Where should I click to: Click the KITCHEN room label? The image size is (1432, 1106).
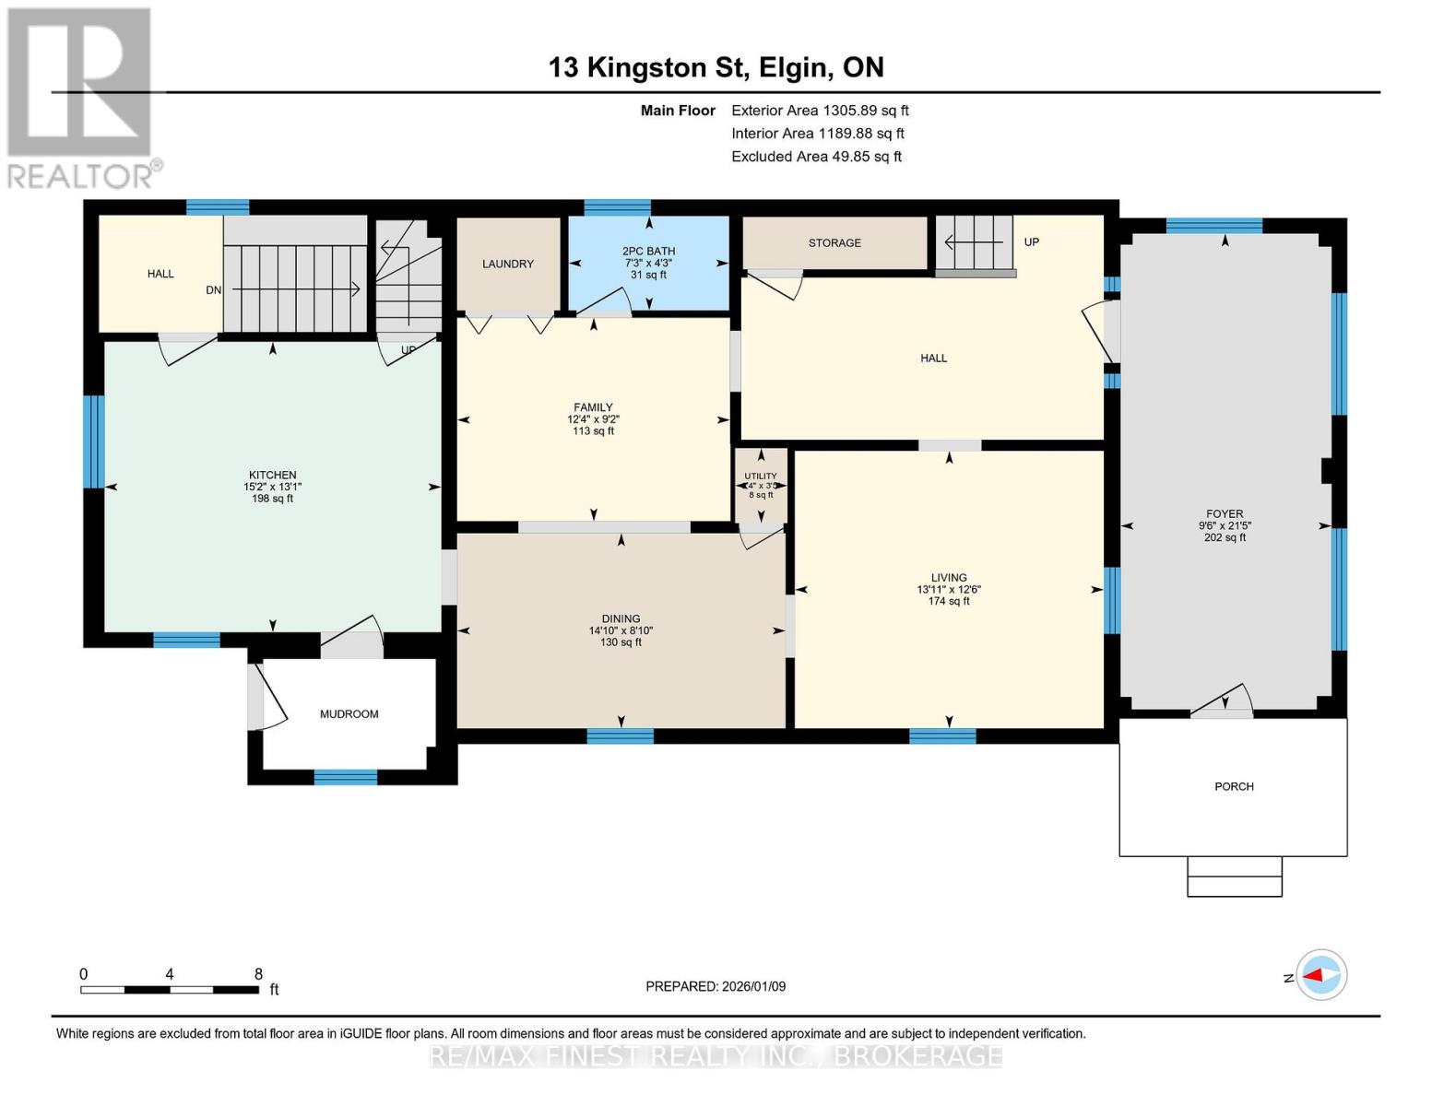point(272,475)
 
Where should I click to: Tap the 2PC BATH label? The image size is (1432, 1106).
point(648,251)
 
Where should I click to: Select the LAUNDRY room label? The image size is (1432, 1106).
point(507,264)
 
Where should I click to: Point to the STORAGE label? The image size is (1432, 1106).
point(834,242)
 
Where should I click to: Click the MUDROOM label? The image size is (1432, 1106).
point(349,713)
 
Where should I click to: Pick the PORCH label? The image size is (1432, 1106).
point(1234,786)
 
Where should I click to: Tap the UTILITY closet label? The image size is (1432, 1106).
point(761,476)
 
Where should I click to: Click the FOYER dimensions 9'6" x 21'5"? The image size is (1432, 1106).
point(1225,525)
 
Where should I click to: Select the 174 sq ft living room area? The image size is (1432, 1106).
point(948,601)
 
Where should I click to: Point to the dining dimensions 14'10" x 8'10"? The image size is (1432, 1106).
point(621,630)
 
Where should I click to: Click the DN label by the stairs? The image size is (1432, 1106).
point(214,289)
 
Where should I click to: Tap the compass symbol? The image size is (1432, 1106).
point(1320,975)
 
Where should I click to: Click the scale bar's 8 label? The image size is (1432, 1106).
point(258,973)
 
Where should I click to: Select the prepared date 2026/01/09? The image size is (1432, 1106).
point(753,986)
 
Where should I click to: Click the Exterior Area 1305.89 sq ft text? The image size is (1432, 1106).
point(820,111)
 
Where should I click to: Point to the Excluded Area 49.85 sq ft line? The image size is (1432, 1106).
point(816,157)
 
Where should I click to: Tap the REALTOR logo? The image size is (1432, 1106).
point(83,99)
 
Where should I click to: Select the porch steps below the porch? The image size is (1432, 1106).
point(1235,877)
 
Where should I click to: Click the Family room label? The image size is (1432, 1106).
point(593,407)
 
